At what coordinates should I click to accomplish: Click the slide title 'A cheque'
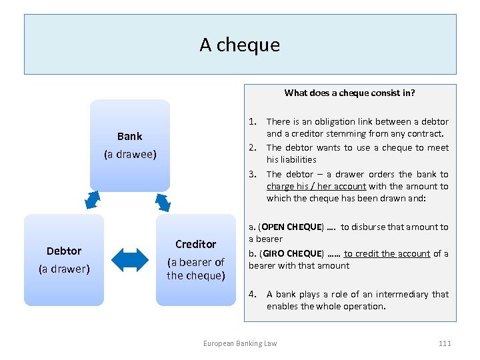click(x=240, y=45)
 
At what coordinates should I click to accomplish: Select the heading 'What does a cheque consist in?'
click(x=349, y=93)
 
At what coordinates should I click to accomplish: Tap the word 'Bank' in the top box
click(x=129, y=136)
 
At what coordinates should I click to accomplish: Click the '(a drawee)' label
click(x=130, y=155)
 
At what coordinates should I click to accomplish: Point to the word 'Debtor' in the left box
click(x=64, y=251)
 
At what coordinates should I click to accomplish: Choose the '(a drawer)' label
click(x=64, y=269)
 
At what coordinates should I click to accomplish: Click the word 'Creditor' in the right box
click(x=195, y=244)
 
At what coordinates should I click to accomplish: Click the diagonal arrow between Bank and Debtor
click(x=93, y=199)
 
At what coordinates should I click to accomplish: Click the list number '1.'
click(x=253, y=121)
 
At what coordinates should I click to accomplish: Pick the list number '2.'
click(x=253, y=147)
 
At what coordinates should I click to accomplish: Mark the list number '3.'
click(x=253, y=174)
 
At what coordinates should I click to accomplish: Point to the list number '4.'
click(x=253, y=294)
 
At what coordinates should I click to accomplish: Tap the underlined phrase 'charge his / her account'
click(x=317, y=187)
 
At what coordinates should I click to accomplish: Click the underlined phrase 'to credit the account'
click(x=387, y=254)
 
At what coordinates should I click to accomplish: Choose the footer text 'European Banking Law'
click(x=240, y=343)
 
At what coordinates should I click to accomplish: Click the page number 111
click(x=445, y=343)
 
